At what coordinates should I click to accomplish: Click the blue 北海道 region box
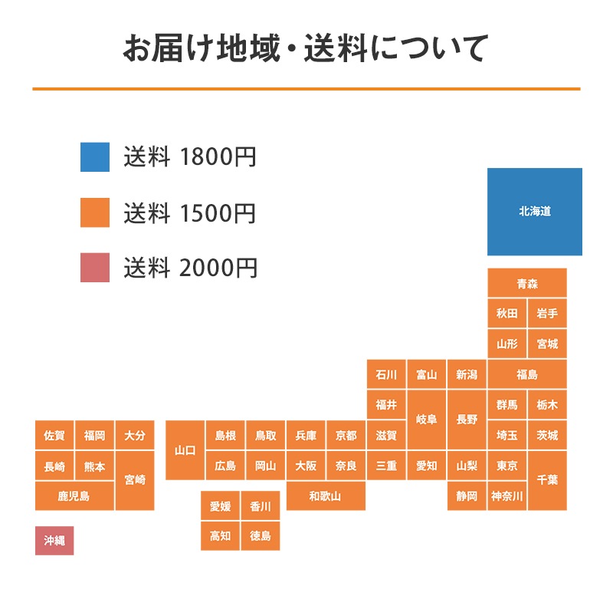pyautogui.click(x=534, y=212)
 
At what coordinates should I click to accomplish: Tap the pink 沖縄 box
pyautogui.click(x=54, y=540)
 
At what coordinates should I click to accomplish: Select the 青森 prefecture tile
pyautogui.click(x=527, y=283)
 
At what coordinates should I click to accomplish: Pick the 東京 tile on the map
pyautogui.click(x=506, y=466)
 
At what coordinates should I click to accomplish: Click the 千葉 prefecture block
pyautogui.click(x=547, y=480)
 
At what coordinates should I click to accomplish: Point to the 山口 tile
pyautogui.click(x=185, y=450)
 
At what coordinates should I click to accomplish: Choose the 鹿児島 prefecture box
pyautogui.click(x=74, y=496)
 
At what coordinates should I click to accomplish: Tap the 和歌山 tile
pyautogui.click(x=326, y=496)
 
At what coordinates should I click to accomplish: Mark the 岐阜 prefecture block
pyautogui.click(x=426, y=420)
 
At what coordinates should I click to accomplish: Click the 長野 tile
pyautogui.click(x=467, y=420)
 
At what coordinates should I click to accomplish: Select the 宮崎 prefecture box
pyautogui.click(x=135, y=480)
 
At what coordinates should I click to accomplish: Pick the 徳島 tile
pyautogui.click(x=261, y=535)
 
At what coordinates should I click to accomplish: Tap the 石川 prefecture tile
pyautogui.click(x=386, y=375)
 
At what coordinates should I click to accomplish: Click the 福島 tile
pyautogui.click(x=527, y=375)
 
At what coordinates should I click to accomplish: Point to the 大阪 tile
pyautogui.click(x=306, y=466)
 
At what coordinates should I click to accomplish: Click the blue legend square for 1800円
pyautogui.click(x=95, y=157)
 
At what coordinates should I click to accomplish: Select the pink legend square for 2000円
pyautogui.click(x=95, y=268)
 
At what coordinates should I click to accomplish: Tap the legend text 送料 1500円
pyautogui.click(x=190, y=213)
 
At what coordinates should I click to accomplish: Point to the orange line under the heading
pyautogui.click(x=306, y=90)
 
